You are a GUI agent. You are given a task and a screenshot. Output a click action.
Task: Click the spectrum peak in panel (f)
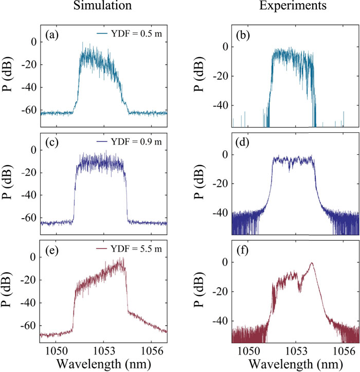pyautogui.click(x=311, y=263)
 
